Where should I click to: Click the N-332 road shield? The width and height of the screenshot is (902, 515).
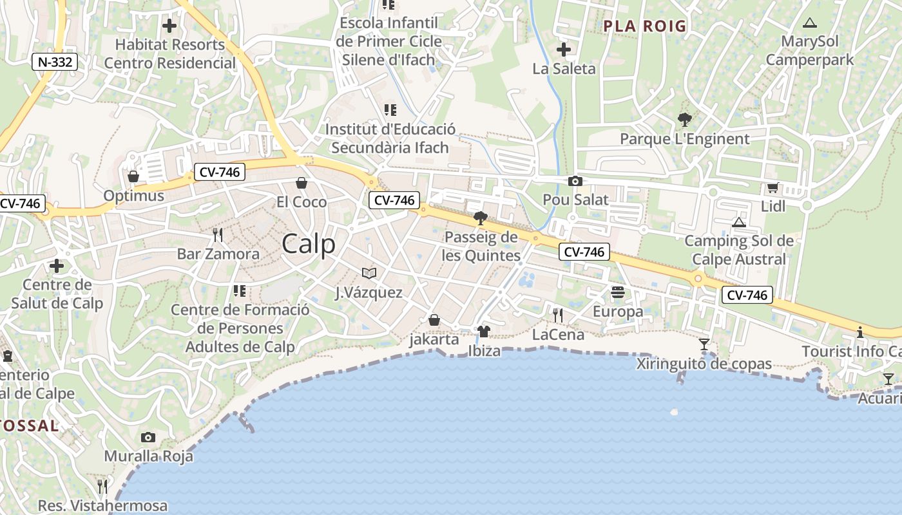tap(55, 62)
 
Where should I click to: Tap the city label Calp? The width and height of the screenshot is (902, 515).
tap(309, 245)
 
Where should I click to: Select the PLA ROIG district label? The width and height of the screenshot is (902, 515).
tap(645, 26)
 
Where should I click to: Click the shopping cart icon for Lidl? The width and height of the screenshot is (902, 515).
tap(772, 188)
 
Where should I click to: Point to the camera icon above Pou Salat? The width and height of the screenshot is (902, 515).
tap(575, 182)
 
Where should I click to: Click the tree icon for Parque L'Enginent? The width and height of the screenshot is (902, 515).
tap(684, 120)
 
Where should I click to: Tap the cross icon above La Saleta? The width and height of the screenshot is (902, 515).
tap(564, 49)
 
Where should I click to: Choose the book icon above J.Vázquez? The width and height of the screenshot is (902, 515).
tap(369, 274)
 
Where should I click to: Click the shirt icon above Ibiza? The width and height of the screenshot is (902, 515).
tap(484, 332)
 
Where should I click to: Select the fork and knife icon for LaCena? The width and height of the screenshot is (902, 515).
tap(558, 315)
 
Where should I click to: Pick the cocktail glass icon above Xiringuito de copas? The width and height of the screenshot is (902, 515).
tap(704, 344)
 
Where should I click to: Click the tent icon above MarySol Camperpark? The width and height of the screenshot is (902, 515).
tap(810, 23)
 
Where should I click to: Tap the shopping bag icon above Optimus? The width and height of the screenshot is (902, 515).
tap(133, 176)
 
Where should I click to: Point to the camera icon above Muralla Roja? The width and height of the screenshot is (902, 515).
tap(148, 438)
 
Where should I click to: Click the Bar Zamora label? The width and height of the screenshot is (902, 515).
tap(218, 254)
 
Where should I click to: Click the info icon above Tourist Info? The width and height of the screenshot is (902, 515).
tap(859, 332)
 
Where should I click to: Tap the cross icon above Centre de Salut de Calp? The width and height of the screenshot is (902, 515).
tap(57, 265)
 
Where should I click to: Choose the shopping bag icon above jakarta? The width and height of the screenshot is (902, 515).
tap(434, 320)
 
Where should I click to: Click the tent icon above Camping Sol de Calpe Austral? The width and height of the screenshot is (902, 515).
tap(739, 223)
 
